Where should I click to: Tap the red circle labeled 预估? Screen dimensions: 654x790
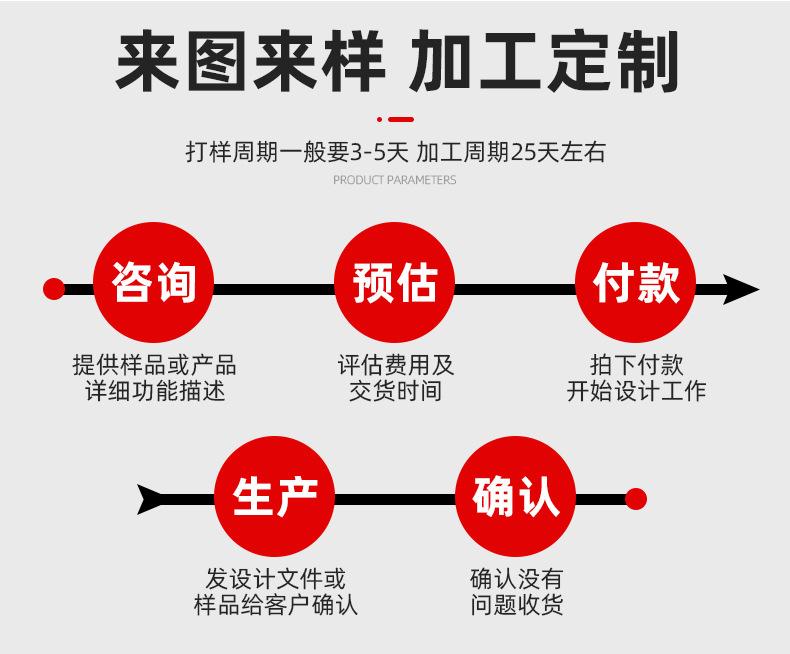coord(394,282)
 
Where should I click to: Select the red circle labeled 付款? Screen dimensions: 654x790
coord(635,282)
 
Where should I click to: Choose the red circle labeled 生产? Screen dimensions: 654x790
coord(274,497)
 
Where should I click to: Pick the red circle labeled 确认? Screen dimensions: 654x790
coord(515,497)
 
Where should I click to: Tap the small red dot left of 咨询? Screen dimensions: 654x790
coord(54,289)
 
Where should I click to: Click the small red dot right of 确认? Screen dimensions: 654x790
coord(635,498)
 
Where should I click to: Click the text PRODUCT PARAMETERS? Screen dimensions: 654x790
coord(394,181)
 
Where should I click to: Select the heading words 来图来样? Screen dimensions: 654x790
coord(249,62)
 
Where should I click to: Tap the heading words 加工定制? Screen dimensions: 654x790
coord(544,62)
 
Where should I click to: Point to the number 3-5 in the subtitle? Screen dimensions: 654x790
coord(366,152)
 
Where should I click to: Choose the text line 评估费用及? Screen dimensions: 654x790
coord(395,365)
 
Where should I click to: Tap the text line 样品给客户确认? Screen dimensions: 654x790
coord(275,604)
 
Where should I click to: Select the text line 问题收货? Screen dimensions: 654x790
coord(516,604)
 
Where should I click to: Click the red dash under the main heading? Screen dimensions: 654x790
coord(399,119)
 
